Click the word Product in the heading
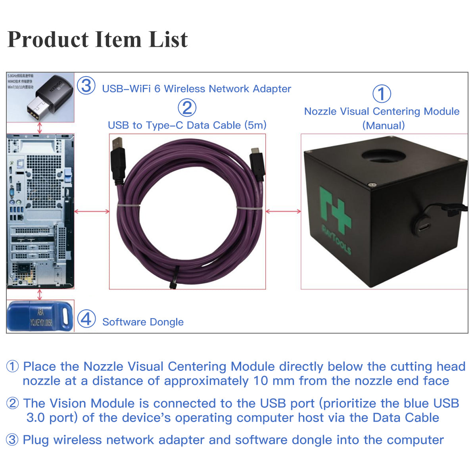[48, 40]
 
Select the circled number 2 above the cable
[187, 107]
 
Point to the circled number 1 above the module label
[382, 94]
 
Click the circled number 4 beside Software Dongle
[86, 319]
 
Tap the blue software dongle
[40, 317]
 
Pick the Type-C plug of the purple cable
[256, 163]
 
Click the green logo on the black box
[335, 214]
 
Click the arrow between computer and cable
[92, 211]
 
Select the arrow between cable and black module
[283, 211]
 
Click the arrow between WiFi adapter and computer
[39, 128]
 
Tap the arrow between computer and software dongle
[39, 294]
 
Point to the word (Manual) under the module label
[383, 126]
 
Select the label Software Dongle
[143, 322]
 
